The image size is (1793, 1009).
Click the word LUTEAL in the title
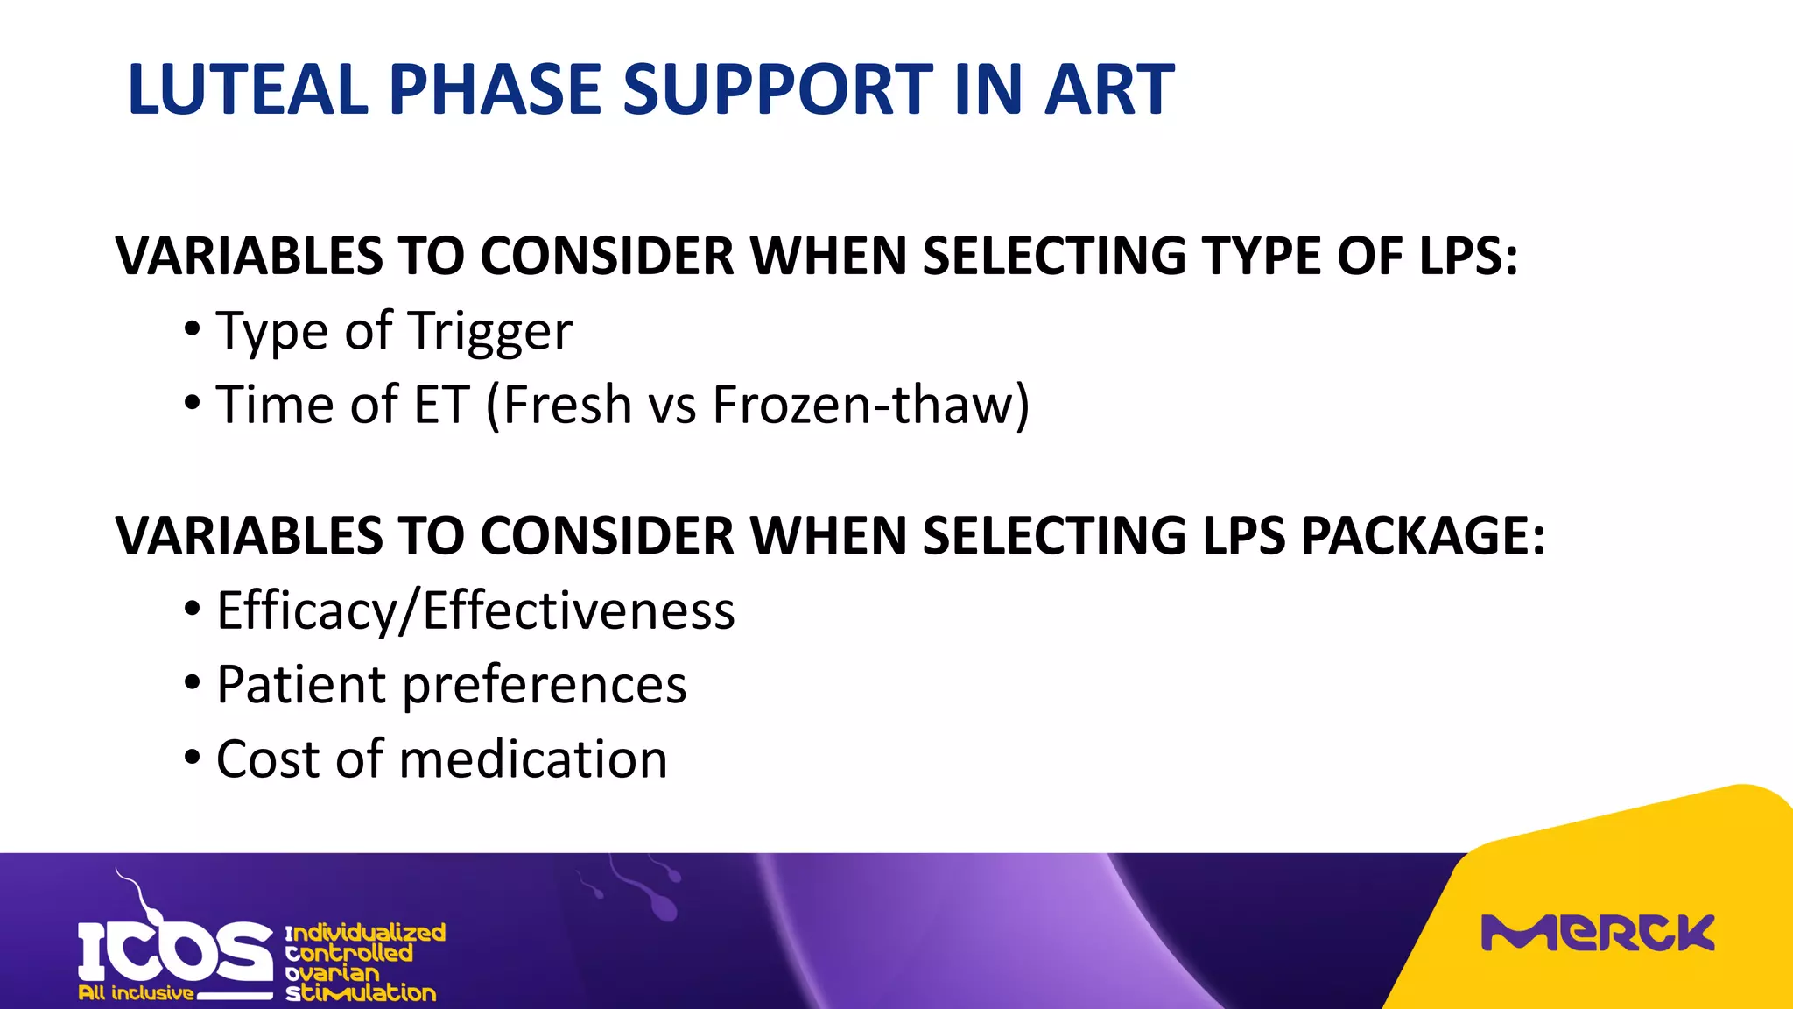pos(248,89)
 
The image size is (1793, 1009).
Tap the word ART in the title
pos(1109,89)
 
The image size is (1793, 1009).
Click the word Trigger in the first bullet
pos(490,333)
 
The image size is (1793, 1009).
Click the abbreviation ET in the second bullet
pos(442,406)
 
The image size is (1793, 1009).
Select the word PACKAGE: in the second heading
pos(1423,535)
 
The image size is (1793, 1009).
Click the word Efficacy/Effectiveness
pos(475,610)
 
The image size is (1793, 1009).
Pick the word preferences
pos(544,686)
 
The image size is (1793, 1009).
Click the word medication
pos(533,759)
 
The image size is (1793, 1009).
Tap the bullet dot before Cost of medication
pos(193,757)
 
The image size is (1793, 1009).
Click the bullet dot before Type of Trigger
pos(193,330)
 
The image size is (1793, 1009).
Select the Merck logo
pos(1597,934)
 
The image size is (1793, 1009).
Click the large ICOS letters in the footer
pos(175,951)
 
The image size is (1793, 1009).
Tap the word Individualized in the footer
pos(366,932)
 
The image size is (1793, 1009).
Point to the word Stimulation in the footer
pos(361,993)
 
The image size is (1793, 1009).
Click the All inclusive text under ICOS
pos(136,993)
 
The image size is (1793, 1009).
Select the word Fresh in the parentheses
pos(567,406)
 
